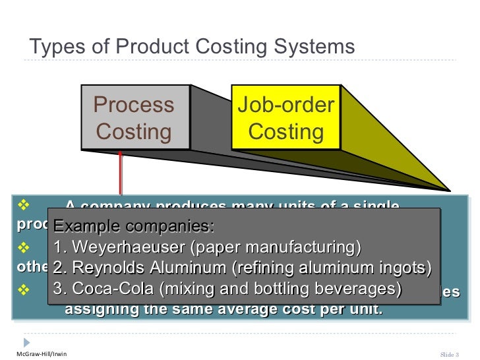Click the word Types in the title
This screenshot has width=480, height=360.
coord(54,48)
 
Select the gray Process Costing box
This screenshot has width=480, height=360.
coord(135,118)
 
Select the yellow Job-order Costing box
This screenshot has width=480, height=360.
coord(285,118)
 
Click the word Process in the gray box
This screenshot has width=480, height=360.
coord(134,105)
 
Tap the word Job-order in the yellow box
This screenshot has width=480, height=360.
coord(285,105)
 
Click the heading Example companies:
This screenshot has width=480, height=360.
coord(134,227)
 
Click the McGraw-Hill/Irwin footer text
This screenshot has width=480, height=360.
coord(41,354)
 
